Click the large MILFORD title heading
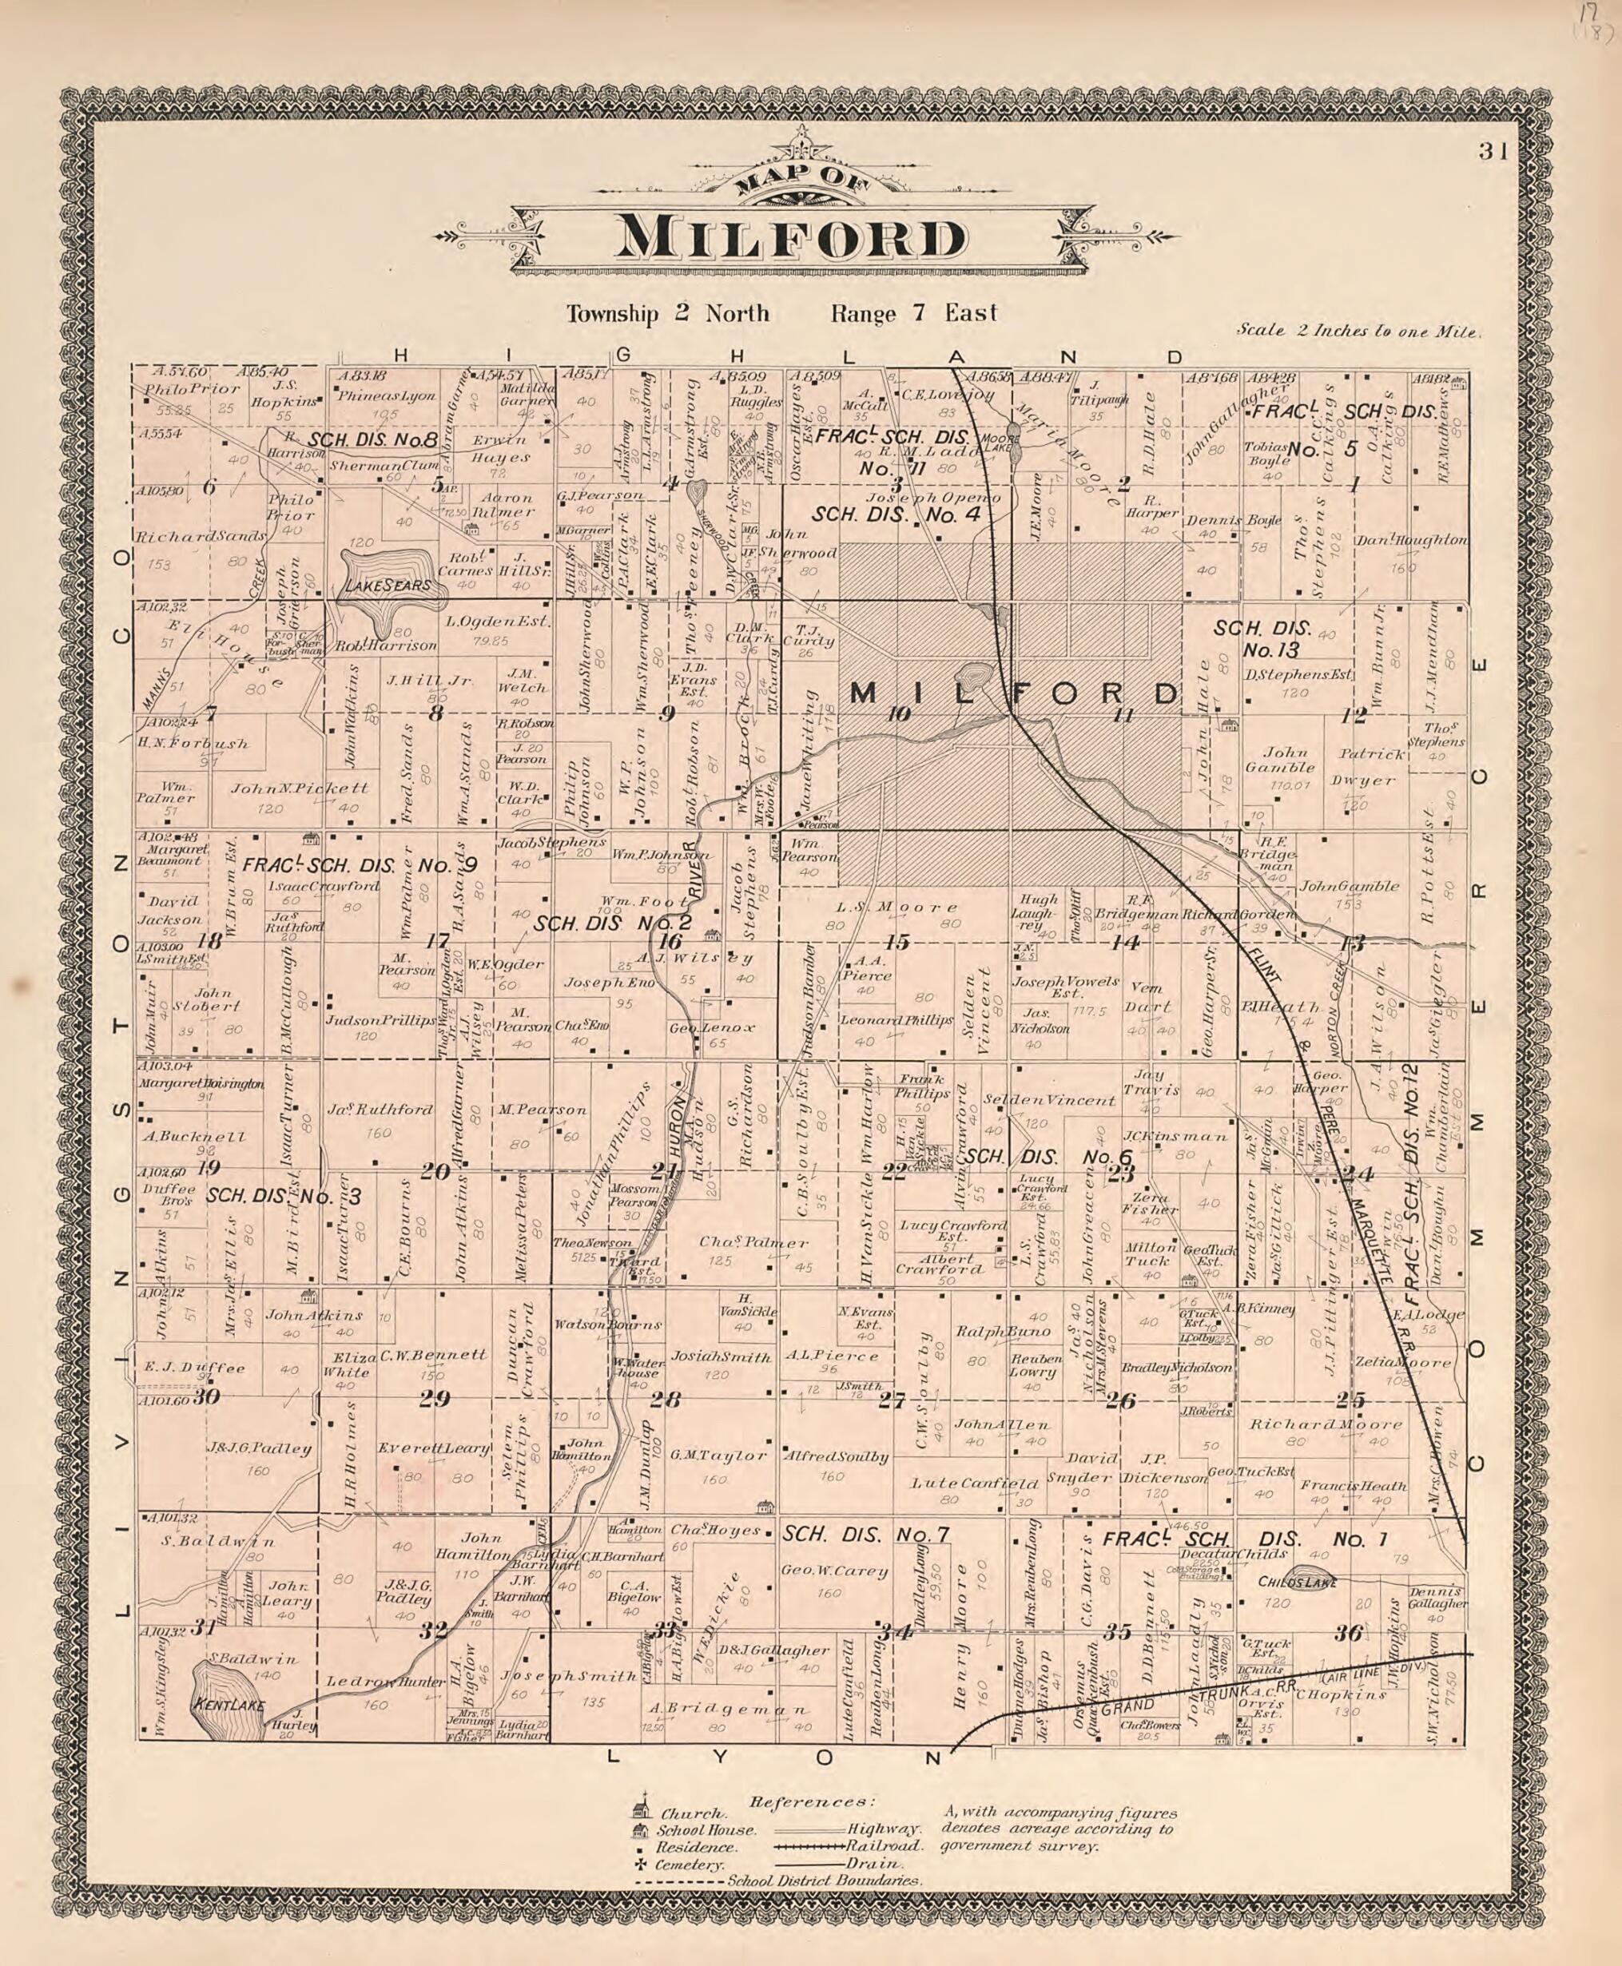coord(789,239)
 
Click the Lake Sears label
coord(388,586)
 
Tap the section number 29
coord(435,1398)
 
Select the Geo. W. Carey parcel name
coord(833,1571)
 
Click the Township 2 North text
coord(667,314)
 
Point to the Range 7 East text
coord(914,314)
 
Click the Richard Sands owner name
coord(200,537)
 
